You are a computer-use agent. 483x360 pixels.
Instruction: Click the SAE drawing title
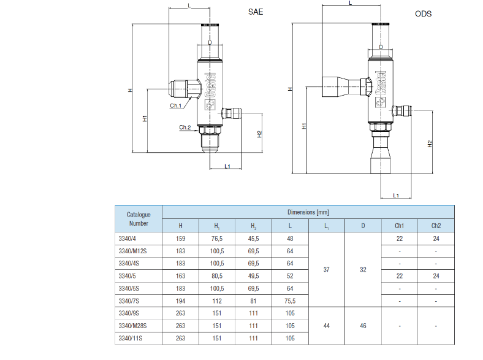[x=256, y=12]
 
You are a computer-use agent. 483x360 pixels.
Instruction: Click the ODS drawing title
[x=424, y=14]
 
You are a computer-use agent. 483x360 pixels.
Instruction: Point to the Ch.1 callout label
[x=175, y=105]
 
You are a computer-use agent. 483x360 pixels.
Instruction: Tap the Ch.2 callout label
[x=185, y=128]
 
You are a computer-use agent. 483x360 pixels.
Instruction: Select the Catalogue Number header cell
[x=139, y=219]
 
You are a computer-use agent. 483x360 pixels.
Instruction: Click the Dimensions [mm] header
[x=308, y=212]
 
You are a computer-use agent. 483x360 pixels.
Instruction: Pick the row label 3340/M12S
[x=132, y=251]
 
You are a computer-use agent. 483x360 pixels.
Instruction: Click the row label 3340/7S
[x=129, y=301]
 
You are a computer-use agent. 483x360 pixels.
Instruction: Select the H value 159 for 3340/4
[x=180, y=239]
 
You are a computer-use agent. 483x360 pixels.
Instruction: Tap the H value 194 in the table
[x=180, y=301]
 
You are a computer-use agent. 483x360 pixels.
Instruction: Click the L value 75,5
[x=290, y=301]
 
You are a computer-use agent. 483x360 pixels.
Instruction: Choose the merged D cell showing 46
[x=363, y=326]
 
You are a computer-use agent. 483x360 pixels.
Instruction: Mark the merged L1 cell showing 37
[x=327, y=270]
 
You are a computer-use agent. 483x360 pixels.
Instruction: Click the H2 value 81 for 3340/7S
[x=253, y=301]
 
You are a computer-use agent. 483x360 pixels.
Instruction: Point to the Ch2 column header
[x=436, y=226]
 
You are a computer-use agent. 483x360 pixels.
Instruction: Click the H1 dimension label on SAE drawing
[x=145, y=118]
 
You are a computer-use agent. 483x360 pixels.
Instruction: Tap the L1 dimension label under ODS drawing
[x=396, y=196]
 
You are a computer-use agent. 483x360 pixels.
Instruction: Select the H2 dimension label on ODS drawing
[x=430, y=144]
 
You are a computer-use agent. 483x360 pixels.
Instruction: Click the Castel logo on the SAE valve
[x=210, y=91]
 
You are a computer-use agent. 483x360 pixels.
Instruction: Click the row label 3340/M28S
[x=132, y=326]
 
